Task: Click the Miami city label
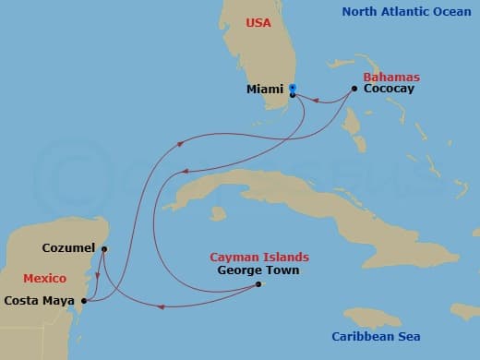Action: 265,90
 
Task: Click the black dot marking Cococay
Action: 354,89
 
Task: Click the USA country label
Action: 257,22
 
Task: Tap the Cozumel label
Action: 69,248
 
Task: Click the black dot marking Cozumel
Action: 103,248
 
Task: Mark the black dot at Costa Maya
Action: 84,300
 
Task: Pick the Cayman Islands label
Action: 259,258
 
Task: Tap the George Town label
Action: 258,270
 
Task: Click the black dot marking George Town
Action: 258,283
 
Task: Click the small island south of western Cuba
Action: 218,213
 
